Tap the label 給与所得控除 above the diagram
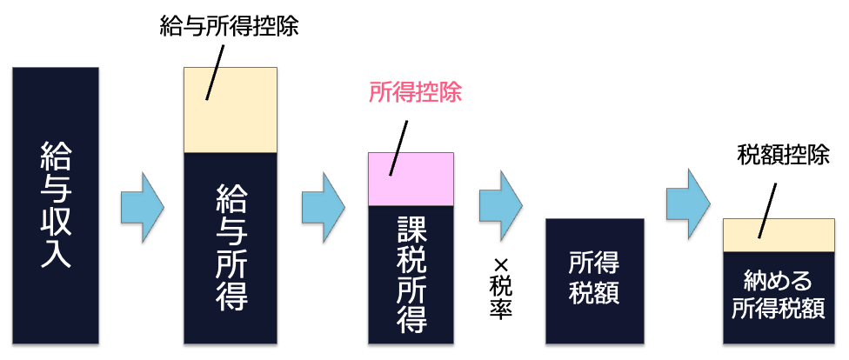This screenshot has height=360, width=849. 229,27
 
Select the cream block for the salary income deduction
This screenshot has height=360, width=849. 231,110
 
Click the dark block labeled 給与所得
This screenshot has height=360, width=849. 231,248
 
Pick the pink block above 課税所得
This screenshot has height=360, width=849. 411,178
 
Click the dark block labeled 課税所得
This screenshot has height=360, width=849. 411,274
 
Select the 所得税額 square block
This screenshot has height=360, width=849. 594,281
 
